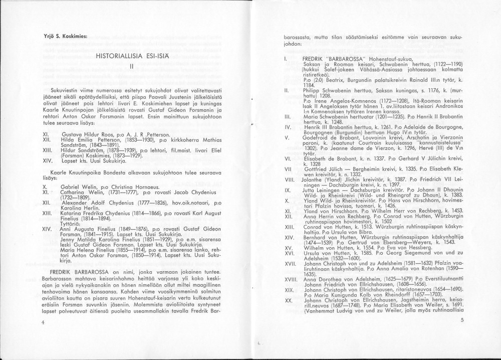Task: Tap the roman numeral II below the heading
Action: pyautogui.click(x=131, y=65)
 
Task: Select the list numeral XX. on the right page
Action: pyautogui.click(x=288, y=300)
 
